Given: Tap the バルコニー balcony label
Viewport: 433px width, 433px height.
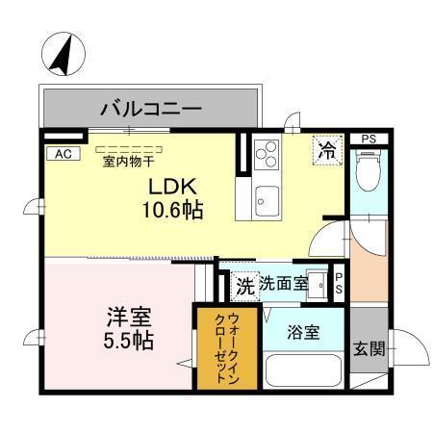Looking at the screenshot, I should [x=151, y=109].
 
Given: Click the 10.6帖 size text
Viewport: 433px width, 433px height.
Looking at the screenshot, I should [x=172, y=209].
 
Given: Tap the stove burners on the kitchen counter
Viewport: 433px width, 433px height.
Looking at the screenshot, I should [x=267, y=156].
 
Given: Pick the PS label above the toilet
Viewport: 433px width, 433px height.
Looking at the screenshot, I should [x=368, y=140].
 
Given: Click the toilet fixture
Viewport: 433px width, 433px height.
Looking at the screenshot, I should [x=368, y=175].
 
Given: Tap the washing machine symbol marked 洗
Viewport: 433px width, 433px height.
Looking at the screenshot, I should [x=244, y=286].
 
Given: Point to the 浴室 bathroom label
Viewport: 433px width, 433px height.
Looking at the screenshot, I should [x=305, y=333].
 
